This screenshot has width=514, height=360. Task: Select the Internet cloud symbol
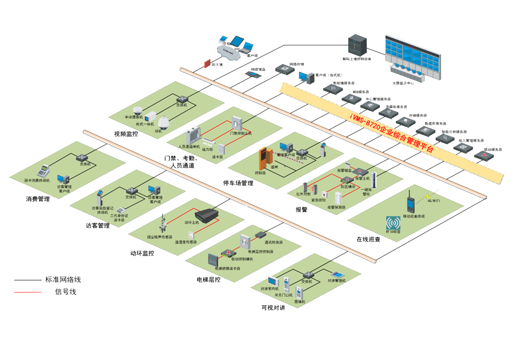click(x=228, y=52)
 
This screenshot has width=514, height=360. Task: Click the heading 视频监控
click(x=126, y=134)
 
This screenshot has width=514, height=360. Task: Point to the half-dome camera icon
click(x=137, y=110)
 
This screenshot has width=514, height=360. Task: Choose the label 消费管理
click(x=38, y=199)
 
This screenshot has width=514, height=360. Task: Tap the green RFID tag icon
click(x=393, y=223)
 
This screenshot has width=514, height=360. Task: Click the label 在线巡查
click(x=368, y=239)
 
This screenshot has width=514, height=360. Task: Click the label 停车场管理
click(x=238, y=183)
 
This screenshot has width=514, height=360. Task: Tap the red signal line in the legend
click(x=28, y=292)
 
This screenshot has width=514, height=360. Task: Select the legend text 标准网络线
click(x=63, y=280)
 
